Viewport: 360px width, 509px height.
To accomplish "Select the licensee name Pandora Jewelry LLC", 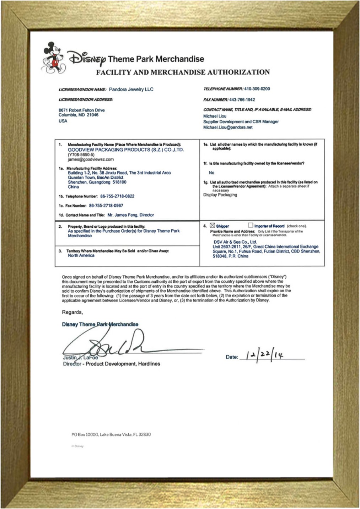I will pos(131,90).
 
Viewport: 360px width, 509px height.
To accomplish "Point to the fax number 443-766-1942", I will pos(242,100).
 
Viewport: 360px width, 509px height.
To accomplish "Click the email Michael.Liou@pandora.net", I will pos(228,127).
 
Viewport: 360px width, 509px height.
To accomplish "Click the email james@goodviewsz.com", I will pos(91,159).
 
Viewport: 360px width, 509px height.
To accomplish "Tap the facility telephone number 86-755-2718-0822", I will pos(117,196).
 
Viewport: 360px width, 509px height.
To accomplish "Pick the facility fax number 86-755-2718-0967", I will pos(106,206).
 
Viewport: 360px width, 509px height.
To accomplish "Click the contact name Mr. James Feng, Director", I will pos(131,215).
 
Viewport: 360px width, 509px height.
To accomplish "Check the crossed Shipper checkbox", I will pos(213,226).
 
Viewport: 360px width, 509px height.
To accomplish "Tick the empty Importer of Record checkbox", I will pos(251,225).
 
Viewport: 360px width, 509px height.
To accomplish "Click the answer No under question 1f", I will pos(211,173).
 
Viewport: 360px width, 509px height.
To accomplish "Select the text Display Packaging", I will pos(220,195).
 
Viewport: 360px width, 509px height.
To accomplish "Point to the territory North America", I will pos(81,255).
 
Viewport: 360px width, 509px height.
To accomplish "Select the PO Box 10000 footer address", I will pos(111,434).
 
